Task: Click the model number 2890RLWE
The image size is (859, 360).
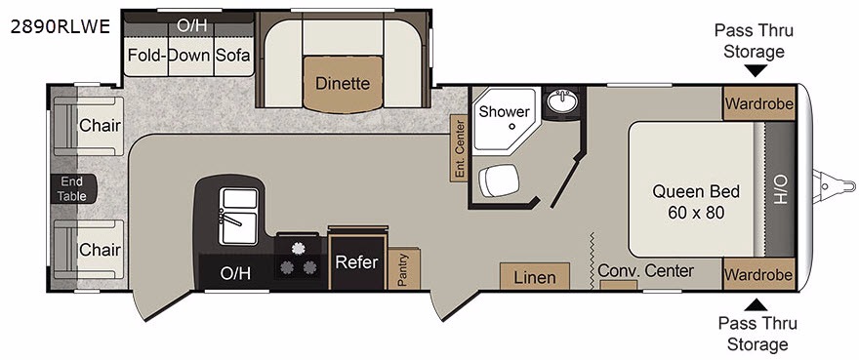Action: (61, 26)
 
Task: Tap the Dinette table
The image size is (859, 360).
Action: (343, 84)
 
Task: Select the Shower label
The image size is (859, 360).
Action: (504, 112)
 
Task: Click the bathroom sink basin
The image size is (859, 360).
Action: (562, 101)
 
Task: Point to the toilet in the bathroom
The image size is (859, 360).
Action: (499, 180)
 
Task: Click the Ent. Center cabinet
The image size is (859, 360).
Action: (459, 148)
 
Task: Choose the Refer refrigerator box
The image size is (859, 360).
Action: (356, 261)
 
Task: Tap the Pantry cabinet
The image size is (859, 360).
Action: (404, 268)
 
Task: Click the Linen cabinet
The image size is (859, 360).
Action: (535, 277)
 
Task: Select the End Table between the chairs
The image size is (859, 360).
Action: (72, 189)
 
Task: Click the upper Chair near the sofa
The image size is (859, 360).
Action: (88, 126)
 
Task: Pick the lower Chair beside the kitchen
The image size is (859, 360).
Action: (88, 250)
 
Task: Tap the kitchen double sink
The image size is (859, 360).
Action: (238, 217)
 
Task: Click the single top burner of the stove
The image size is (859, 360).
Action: (298, 248)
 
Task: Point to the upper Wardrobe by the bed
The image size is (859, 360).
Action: (758, 103)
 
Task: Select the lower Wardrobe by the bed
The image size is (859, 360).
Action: (758, 274)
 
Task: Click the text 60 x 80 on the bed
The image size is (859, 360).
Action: (696, 213)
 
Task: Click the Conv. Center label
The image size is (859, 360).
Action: (646, 270)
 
